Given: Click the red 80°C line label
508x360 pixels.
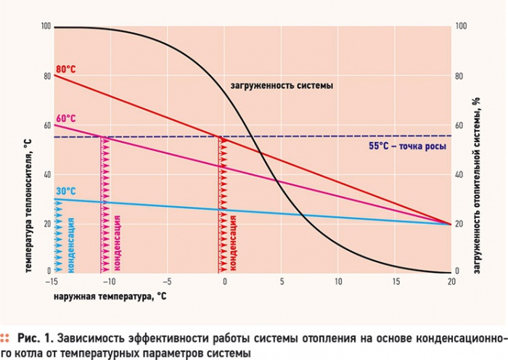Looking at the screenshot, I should (66, 69).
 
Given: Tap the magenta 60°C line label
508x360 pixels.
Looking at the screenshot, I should (66, 118).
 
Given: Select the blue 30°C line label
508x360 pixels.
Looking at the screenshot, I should (65, 192).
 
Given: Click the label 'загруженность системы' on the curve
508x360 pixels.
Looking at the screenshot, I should (282, 86).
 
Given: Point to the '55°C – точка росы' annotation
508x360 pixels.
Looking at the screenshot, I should (406, 146).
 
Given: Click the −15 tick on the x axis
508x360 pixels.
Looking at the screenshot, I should (54, 281).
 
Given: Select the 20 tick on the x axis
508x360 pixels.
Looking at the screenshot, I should (450, 281).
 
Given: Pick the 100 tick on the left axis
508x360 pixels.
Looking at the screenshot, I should (46, 27).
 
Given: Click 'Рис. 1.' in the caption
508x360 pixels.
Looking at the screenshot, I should (36, 338).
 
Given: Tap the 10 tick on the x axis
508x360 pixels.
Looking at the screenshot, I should (337, 281).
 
